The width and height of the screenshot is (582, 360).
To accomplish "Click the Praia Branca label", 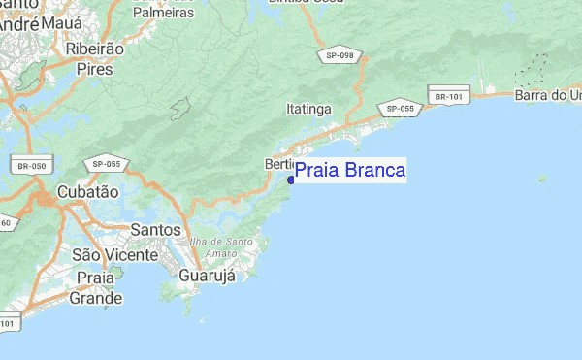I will point(350,172).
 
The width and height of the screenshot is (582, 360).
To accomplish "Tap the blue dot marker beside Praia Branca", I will point(291,180).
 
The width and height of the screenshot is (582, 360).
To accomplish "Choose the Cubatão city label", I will point(87,192).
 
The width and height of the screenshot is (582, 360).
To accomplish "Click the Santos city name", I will point(155,230).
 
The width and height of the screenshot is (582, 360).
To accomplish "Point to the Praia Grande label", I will point(96,288).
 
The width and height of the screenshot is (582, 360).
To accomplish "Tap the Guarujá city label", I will point(208,276).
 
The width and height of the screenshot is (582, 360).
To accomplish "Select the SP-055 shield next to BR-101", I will point(400,109).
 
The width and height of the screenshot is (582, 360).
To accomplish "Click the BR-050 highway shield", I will point(31,166).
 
